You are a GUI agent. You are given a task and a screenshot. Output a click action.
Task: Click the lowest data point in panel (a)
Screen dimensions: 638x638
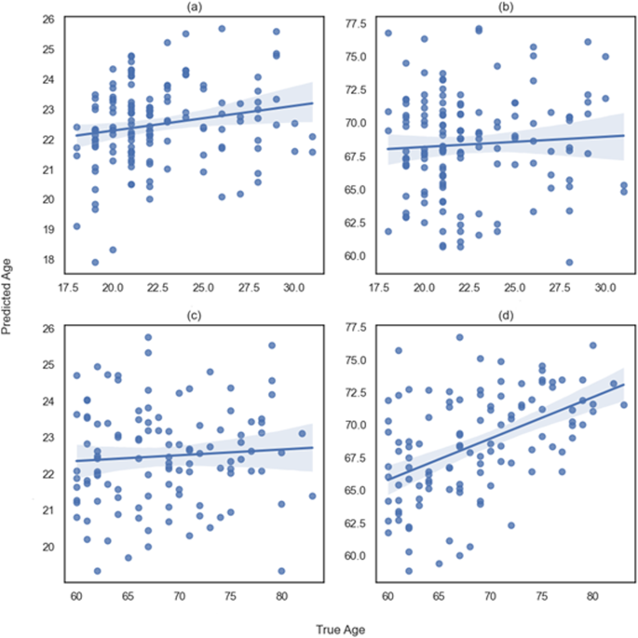pos(95,262)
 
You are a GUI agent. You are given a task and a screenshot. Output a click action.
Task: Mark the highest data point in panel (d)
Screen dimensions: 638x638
pos(459,337)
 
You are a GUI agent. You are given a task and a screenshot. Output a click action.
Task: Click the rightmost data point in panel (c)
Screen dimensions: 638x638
pos(312,495)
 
